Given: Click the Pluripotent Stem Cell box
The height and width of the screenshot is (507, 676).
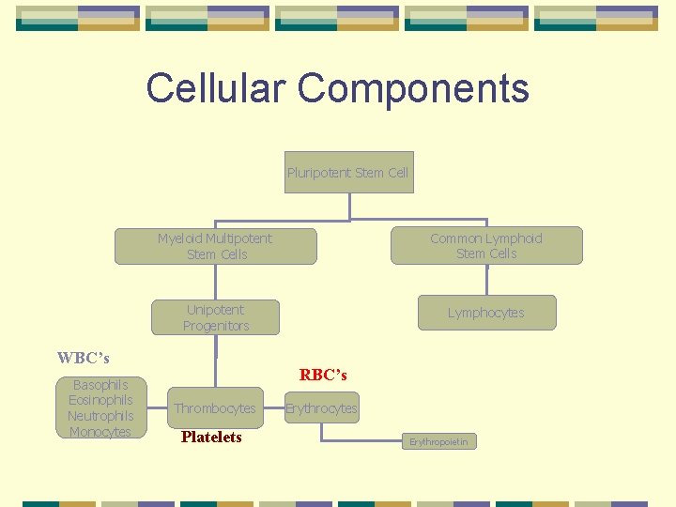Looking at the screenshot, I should (x=348, y=173).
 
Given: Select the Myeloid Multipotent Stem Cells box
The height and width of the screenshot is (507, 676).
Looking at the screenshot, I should (x=215, y=246).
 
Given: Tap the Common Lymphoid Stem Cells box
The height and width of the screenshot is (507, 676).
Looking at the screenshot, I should (x=486, y=246).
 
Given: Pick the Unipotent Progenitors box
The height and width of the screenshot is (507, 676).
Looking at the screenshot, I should (x=215, y=317).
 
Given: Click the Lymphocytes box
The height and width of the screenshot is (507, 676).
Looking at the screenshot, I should (x=486, y=313).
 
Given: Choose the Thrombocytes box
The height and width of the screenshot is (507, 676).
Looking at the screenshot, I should (x=214, y=408).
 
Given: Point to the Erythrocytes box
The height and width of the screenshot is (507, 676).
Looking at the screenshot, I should (x=321, y=408).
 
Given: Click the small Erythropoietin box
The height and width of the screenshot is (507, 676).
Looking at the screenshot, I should (x=438, y=441).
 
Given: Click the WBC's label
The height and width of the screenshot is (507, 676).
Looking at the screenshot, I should (x=83, y=358).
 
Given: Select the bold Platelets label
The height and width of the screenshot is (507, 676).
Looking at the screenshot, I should (x=211, y=437).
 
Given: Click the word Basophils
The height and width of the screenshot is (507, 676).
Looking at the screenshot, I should (x=100, y=385).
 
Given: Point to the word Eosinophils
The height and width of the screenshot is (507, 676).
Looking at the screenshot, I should (x=100, y=400).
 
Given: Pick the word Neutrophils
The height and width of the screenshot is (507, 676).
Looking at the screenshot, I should (x=100, y=416).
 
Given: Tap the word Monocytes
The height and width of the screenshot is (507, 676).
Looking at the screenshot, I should (x=100, y=432).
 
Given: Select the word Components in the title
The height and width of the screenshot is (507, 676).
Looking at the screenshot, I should (x=414, y=89).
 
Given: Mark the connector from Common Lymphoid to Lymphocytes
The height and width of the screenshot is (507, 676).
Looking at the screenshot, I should (x=487, y=280).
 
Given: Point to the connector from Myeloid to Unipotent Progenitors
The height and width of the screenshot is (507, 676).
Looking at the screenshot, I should (x=216, y=282).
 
